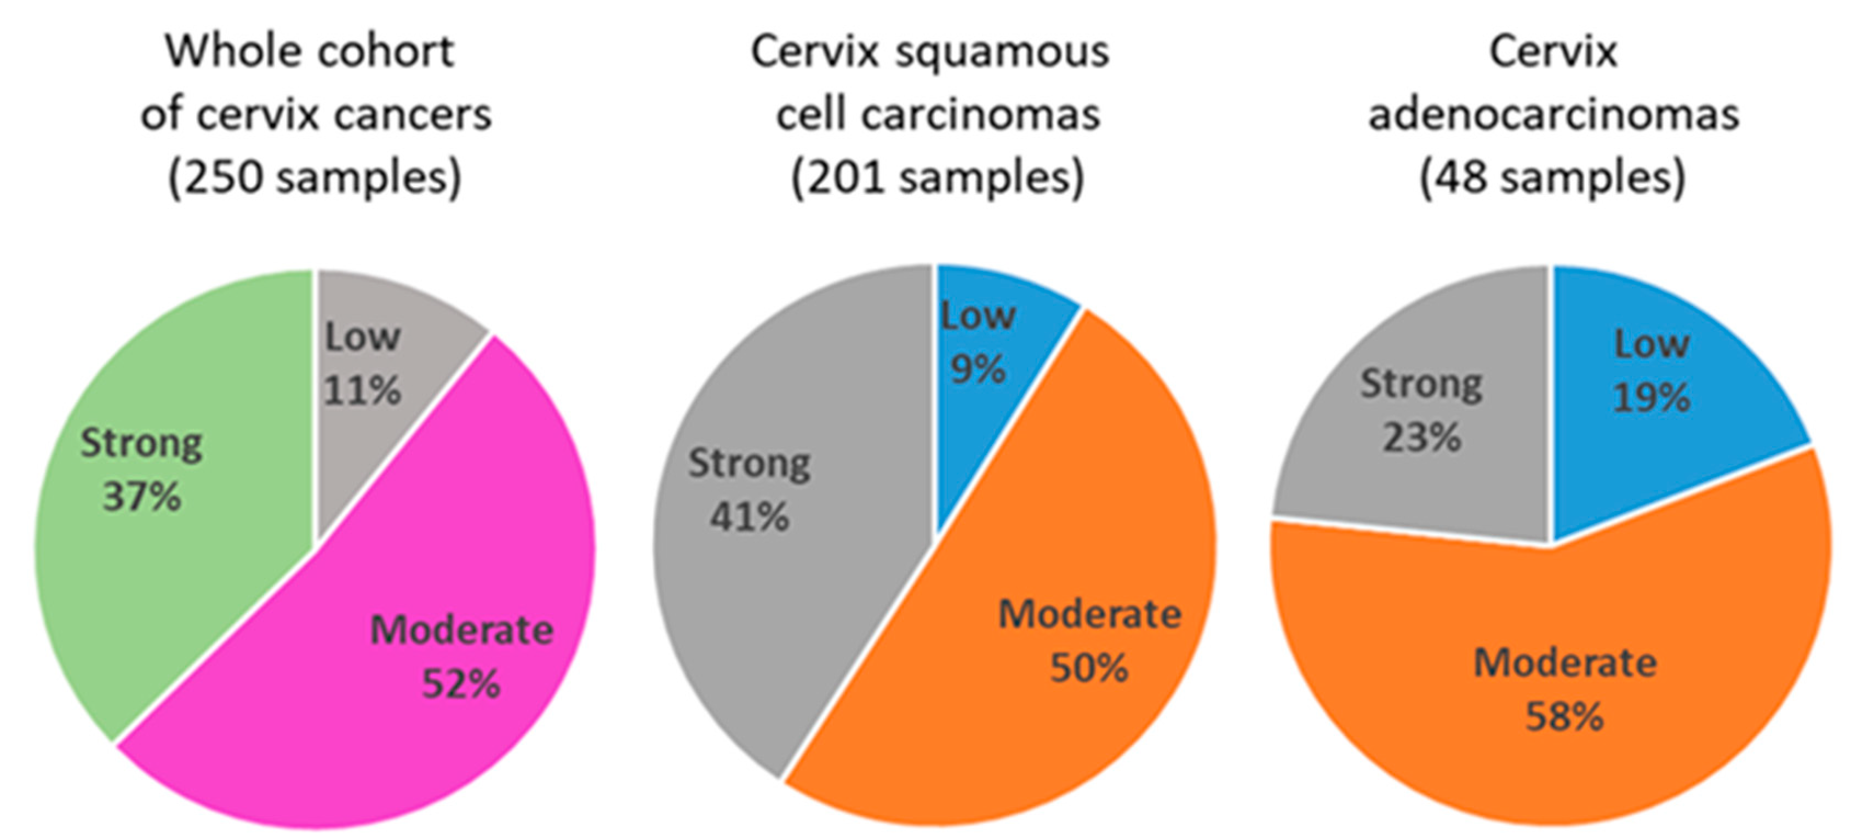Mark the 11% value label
pos(362,391)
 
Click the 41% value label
pos(750,516)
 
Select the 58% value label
pos(1564,716)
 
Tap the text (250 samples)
pos(315,177)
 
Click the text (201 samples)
pos(937,177)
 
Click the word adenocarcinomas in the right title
pos(1553,115)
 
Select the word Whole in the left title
pos(231,51)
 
